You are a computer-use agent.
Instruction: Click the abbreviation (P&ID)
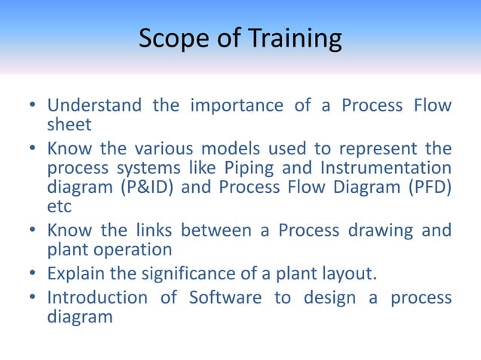[x=146, y=188]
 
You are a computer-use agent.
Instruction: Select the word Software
[x=222, y=297]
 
